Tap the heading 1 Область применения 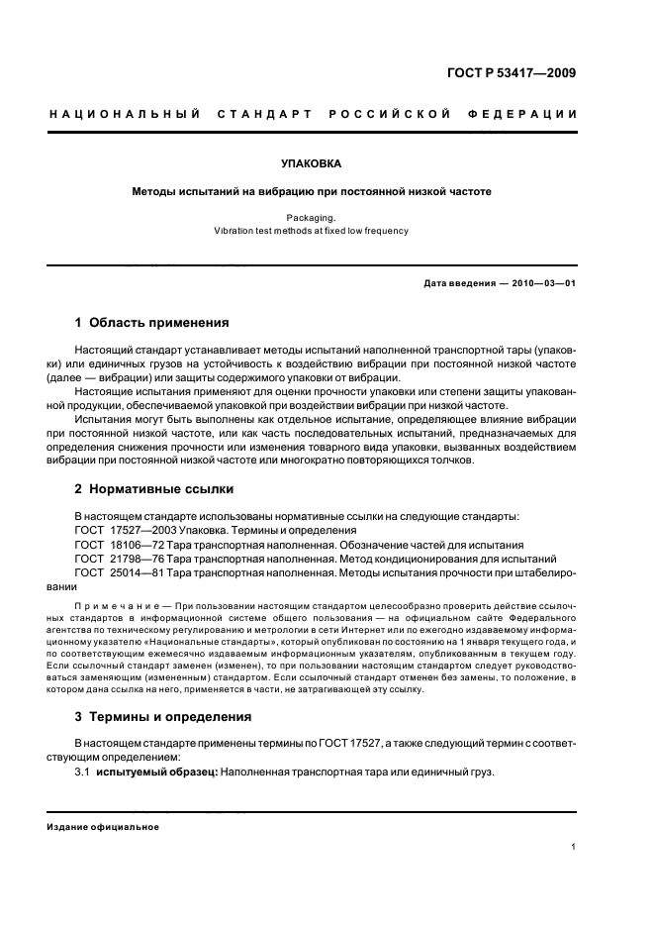pyautogui.click(x=152, y=323)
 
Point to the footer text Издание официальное pyautogui.click(x=104, y=826)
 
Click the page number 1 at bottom pyautogui.click(x=574, y=847)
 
